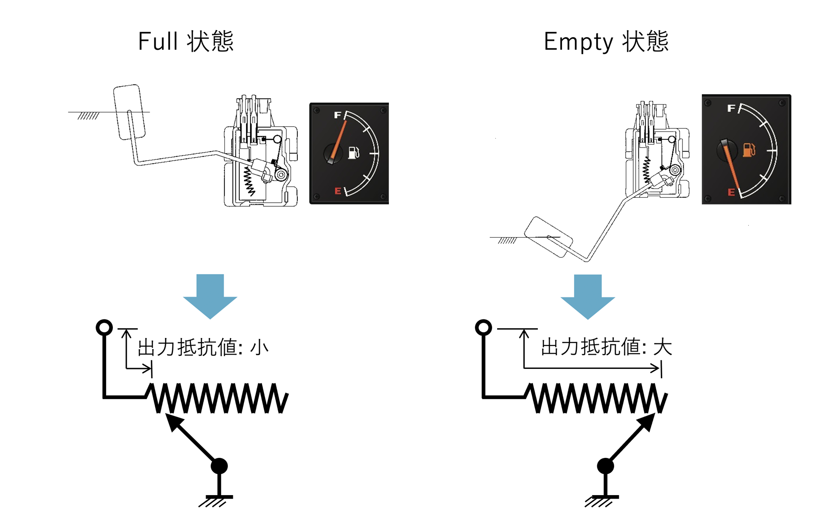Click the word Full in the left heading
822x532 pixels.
[x=158, y=42]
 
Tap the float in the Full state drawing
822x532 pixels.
[x=129, y=112]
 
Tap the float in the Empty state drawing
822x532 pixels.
[x=548, y=237]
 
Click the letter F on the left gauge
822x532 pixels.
[x=338, y=115]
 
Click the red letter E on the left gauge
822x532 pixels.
[x=338, y=191]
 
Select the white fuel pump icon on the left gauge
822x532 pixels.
[x=354, y=152]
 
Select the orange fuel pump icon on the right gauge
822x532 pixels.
[x=749, y=150]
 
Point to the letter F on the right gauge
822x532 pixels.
[x=731, y=108]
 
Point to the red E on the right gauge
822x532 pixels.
[x=731, y=192]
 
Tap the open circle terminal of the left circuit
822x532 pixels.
[x=104, y=327]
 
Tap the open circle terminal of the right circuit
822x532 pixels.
[x=483, y=327]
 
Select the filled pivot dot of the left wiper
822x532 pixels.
[x=219, y=466]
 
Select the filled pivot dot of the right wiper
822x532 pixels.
[x=605, y=466]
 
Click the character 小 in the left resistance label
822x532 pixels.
[x=259, y=348]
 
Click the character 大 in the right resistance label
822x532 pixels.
[x=663, y=347]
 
